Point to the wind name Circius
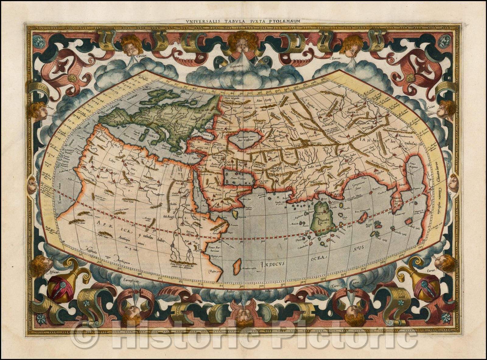pyautogui.click(x=142, y=56)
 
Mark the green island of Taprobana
pyautogui.click(x=323, y=218)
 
